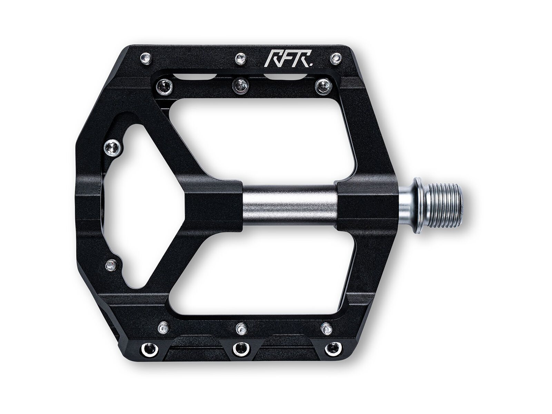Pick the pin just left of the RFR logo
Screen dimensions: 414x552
pos(241,58)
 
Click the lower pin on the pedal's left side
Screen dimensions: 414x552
pos(110,265)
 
